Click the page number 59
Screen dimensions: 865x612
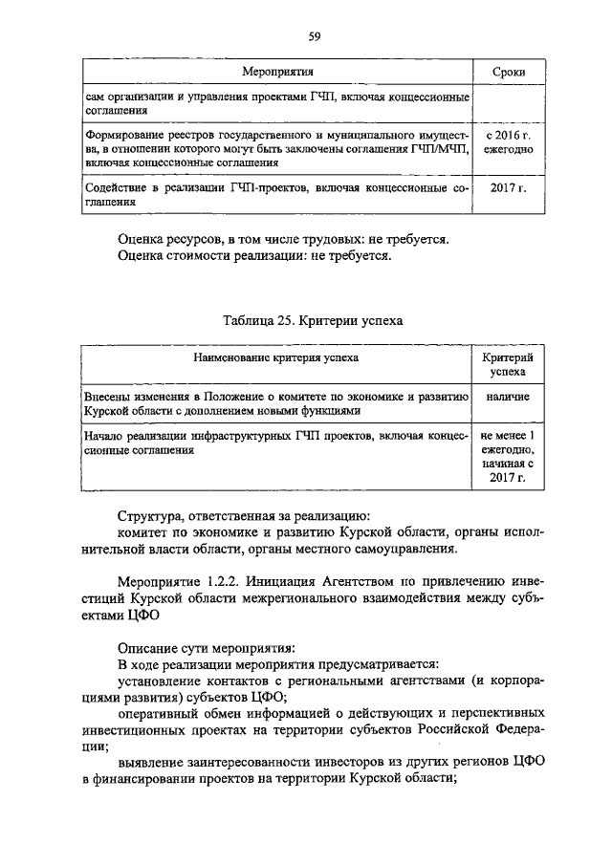pos(313,37)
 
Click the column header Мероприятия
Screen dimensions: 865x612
pos(277,72)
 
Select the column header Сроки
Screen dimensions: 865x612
pos(507,72)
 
